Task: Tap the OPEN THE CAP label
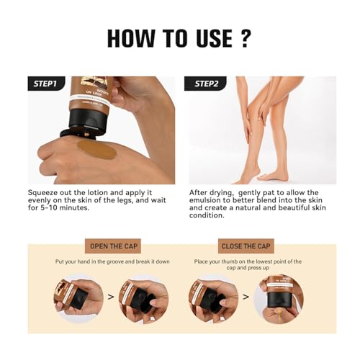[x=117, y=246]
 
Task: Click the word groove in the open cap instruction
[x=132, y=261]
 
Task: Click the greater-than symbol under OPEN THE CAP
[x=110, y=296]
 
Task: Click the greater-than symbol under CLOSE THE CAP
[x=245, y=296]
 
